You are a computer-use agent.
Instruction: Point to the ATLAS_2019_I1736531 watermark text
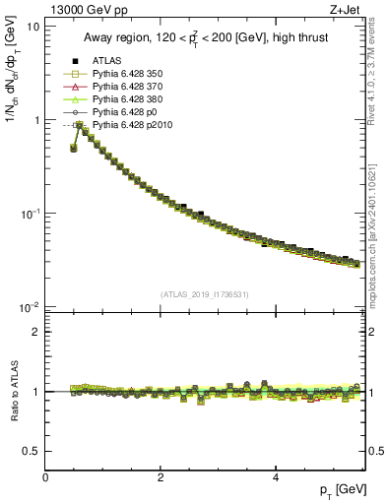(x=205, y=294)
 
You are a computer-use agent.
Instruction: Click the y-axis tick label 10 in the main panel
(x=32, y=27)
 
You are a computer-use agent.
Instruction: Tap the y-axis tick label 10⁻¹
(x=30, y=214)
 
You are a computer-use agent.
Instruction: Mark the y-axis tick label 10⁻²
(x=30, y=307)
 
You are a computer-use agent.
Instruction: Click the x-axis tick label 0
(x=45, y=477)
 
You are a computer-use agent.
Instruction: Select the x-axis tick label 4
(x=275, y=477)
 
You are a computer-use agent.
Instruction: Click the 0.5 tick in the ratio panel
(x=32, y=451)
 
